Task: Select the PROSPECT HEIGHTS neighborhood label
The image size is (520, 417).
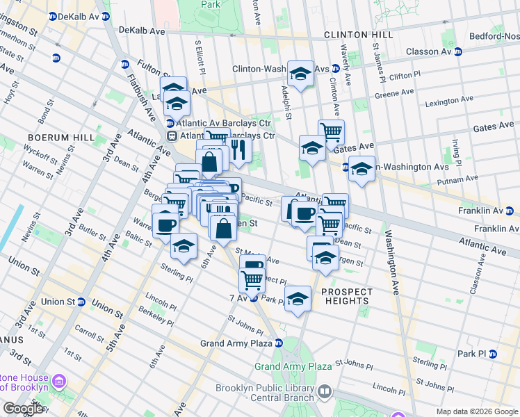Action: pos(346,296)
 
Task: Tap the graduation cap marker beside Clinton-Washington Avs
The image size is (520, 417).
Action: pos(300,73)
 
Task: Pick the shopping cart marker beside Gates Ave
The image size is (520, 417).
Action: pos(332,131)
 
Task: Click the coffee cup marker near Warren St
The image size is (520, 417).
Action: pos(166,224)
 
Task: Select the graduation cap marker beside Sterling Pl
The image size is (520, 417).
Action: pos(184,246)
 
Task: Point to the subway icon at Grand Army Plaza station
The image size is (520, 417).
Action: pos(278,343)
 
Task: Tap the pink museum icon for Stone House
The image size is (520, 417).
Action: pos(59,382)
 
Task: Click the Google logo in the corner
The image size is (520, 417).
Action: pos(22,409)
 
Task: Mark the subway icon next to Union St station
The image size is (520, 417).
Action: pos(81,302)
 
